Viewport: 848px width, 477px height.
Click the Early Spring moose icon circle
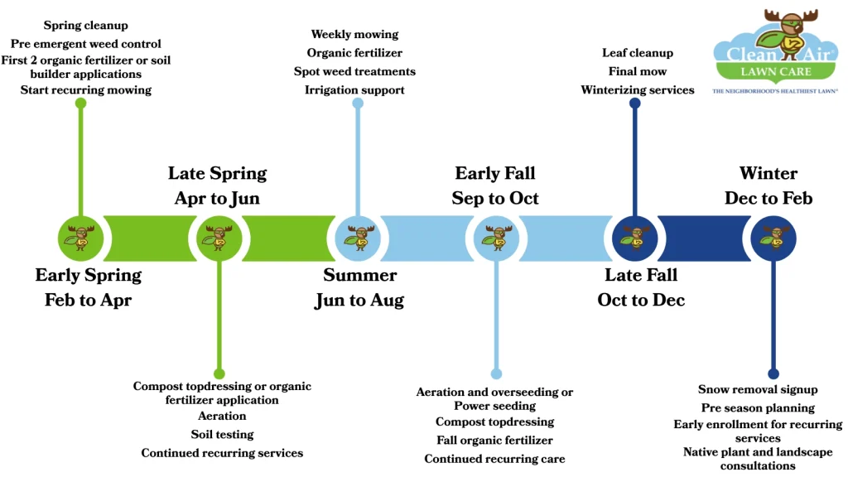click(80, 238)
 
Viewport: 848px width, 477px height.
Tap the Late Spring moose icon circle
click(219, 238)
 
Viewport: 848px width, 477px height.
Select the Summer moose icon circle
click(358, 238)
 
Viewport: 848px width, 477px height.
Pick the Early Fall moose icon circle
click(496, 238)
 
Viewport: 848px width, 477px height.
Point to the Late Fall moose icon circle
click(634, 238)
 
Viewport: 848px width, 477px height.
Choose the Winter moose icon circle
click(773, 238)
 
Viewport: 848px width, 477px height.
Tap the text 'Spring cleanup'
click(86, 26)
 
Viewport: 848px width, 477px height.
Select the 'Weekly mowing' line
click(354, 34)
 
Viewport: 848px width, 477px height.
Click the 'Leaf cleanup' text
click(638, 53)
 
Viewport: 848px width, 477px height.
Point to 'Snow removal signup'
click(758, 389)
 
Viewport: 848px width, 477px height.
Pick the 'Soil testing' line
click(222, 434)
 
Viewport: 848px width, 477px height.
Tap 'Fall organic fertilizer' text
click(494, 440)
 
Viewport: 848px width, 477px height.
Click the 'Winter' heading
click(768, 173)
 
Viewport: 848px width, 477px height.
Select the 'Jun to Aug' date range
click(359, 301)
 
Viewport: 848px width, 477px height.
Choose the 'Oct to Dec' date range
click(641, 301)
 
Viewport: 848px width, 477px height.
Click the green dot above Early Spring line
click(80, 104)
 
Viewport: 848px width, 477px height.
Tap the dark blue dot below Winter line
click(773, 373)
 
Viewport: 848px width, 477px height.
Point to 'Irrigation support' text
click(354, 89)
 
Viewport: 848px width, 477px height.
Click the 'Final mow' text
click(638, 71)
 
